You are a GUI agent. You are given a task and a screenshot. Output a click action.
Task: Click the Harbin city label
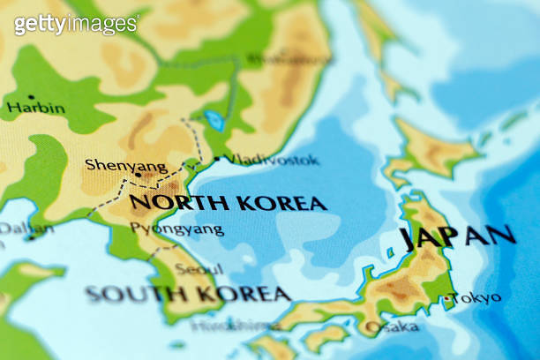[35, 109]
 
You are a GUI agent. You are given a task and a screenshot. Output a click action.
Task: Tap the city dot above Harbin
[31, 96]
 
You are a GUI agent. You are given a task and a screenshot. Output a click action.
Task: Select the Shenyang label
[113, 165]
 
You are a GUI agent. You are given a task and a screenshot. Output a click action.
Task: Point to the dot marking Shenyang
[139, 175]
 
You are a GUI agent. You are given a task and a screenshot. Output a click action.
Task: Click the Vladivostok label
[272, 160]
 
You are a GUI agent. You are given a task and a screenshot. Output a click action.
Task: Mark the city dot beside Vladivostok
[217, 160]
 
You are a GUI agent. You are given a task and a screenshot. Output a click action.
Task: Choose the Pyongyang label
[176, 229]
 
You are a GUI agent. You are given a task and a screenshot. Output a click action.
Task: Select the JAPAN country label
[457, 236]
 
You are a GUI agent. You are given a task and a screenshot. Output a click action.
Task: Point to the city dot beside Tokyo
[447, 298]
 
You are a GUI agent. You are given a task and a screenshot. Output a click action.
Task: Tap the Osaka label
[392, 326]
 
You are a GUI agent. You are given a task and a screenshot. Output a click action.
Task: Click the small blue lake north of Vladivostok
[214, 120]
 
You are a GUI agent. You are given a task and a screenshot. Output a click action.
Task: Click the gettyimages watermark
[76, 24]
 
